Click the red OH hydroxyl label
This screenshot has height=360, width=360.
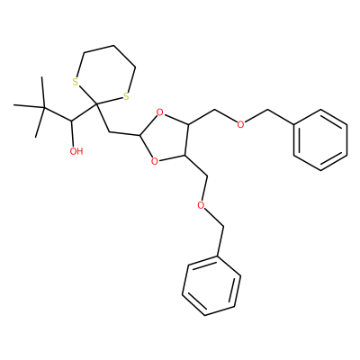point(76,151)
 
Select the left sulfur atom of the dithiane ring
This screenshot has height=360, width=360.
point(76,82)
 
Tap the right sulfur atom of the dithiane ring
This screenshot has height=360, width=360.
point(126,96)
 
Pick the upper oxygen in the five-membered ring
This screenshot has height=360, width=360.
point(160,113)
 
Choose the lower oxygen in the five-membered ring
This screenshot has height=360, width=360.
point(155,161)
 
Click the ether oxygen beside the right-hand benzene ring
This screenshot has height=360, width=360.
point(240,124)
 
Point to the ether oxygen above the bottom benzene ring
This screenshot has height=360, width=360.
point(202,205)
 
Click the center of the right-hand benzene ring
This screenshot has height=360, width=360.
point(320,139)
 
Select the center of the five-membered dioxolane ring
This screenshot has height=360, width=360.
point(166,137)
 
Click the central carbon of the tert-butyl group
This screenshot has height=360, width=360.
point(44,108)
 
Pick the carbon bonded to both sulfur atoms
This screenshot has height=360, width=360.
point(96,104)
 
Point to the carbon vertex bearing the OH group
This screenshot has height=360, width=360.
point(71,121)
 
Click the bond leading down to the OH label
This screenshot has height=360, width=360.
point(72,133)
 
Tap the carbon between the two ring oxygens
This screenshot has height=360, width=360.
point(139,136)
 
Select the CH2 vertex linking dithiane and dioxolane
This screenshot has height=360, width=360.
point(109,131)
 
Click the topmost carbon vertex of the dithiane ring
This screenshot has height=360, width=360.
point(114,46)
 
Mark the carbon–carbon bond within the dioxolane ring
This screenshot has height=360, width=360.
point(187,139)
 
